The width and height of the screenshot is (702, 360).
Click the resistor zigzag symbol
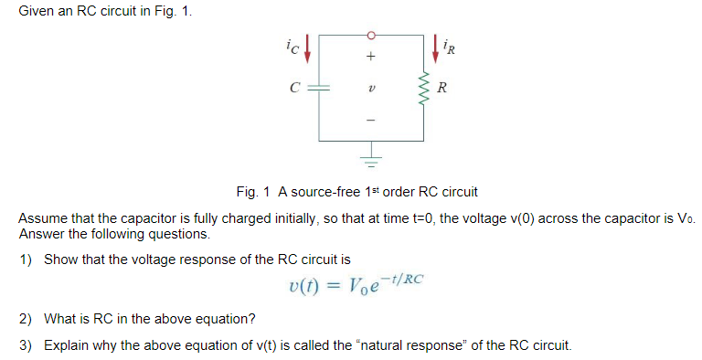coord(421,89)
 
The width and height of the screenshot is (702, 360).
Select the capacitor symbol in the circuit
coord(319,89)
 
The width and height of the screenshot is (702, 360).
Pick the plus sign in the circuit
coord(370,57)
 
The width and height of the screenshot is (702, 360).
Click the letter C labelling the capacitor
coord(293,89)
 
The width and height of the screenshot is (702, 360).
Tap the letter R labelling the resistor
coord(443,89)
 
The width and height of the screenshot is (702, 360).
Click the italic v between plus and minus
coord(370,89)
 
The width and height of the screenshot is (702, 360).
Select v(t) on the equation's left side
coord(303,285)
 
